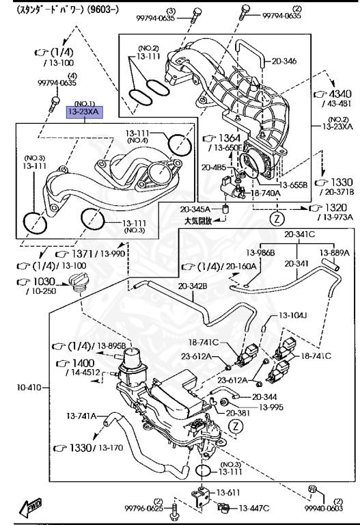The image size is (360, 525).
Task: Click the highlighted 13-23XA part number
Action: (x=83, y=110)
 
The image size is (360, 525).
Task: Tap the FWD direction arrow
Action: (x=30, y=506)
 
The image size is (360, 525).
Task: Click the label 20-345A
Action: (x=195, y=209)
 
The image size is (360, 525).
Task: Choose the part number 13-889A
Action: (x=335, y=252)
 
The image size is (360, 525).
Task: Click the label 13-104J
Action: (x=292, y=315)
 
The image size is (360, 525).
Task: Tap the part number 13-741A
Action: (x=81, y=415)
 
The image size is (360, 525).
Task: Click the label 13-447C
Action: (x=253, y=508)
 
